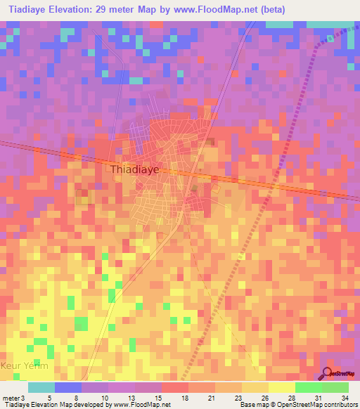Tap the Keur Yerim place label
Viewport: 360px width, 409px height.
coord(25,366)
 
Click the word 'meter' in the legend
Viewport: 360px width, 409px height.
coord(11,397)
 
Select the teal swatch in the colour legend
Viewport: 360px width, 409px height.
coord(41,387)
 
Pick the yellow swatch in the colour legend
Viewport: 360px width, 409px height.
coord(281,387)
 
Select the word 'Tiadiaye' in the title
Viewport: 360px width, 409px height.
coord(28,10)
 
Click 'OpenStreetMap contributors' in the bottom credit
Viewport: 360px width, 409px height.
coord(316,405)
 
